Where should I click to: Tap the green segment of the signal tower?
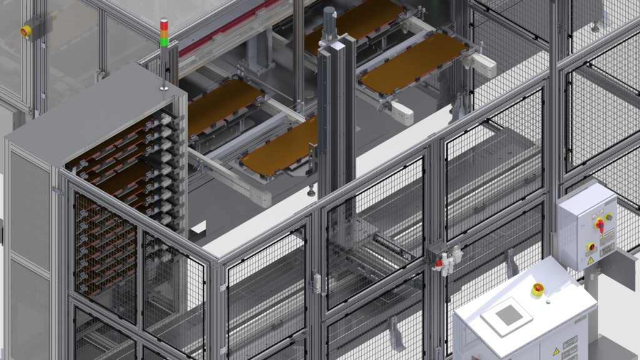164,42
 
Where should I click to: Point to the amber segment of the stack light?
164,34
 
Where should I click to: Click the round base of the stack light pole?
164,88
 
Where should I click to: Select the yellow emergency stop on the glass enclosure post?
26,31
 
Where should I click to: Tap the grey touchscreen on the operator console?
507,316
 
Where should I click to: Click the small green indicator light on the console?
548,301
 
